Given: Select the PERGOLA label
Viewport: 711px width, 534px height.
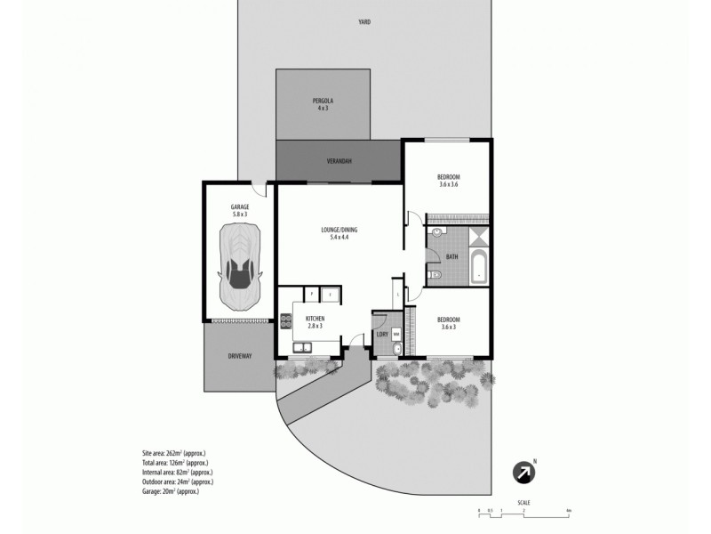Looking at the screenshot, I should pos(323,101).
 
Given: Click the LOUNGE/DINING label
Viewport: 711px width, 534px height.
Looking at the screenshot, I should pos(339,230).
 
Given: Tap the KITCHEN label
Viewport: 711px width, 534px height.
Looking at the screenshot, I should pos(315,319).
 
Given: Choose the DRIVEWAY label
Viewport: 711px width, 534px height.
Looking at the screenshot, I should pos(240,356).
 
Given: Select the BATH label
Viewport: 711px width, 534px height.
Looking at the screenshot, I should pos(452,257).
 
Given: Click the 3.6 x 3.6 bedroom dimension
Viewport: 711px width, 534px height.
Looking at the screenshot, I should pos(449,184).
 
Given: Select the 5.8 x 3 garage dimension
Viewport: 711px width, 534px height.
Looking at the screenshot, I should pos(240,214).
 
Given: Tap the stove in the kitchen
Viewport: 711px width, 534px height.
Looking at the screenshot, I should pos(287,322).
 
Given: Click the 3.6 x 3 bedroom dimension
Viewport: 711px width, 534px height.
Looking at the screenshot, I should pos(448,327).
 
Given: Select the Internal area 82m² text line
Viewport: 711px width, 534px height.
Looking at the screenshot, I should pos(176,473).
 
